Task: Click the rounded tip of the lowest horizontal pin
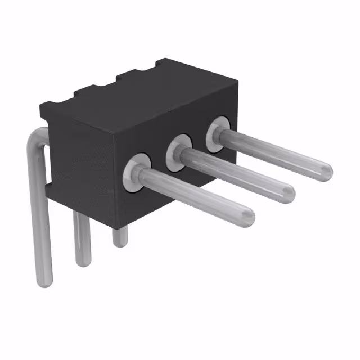[x=248, y=214]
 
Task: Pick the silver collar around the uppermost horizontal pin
[x=219, y=133]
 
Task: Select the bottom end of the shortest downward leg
[x=119, y=241]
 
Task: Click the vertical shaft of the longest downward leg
[x=43, y=225]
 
